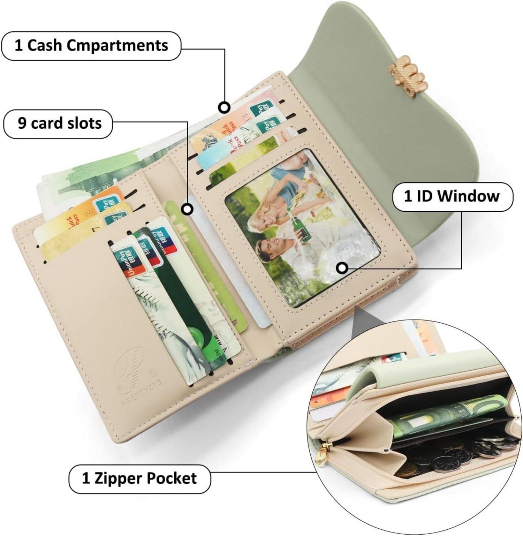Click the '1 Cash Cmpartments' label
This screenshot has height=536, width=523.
(91, 46)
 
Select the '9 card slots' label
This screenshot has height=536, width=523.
(58, 123)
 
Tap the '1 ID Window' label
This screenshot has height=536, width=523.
(452, 196)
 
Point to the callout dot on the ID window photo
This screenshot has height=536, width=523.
(342, 268)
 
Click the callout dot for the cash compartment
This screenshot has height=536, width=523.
(224, 107)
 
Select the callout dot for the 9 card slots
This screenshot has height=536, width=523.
(188, 209)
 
